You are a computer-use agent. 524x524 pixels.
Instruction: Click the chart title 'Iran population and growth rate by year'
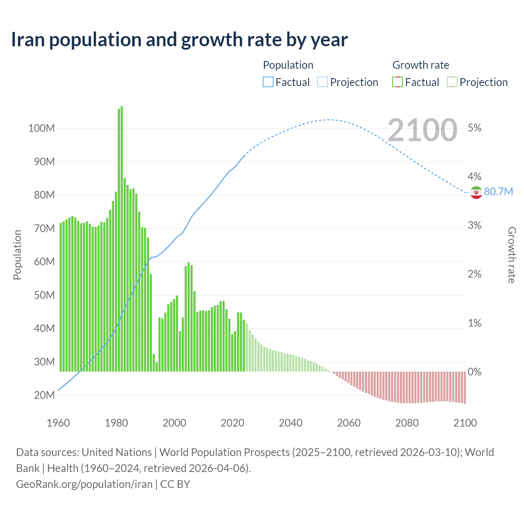[x=179, y=40]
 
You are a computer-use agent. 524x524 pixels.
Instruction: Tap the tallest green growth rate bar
[x=122, y=237]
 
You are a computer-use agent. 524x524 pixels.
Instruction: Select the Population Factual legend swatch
[x=268, y=82]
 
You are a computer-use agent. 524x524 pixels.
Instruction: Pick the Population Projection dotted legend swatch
[x=323, y=82]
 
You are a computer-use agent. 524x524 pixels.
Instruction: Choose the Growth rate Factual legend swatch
[x=398, y=82]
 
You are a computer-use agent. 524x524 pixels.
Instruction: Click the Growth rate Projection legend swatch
[x=452, y=82]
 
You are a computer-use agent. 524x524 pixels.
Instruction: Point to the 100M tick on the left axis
[x=41, y=128]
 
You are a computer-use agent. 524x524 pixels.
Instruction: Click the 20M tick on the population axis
[x=44, y=395]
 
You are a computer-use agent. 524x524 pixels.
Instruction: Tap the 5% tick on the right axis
[x=474, y=128]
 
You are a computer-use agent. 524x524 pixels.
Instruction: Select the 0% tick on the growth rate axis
[x=474, y=372]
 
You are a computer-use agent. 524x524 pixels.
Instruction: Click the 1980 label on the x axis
[x=116, y=423]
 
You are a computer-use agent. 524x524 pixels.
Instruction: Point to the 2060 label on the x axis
[x=349, y=423]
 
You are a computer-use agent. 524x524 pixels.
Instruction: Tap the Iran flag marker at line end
[x=476, y=192]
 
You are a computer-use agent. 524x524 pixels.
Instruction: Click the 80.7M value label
[x=498, y=192]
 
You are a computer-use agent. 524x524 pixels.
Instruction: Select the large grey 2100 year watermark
[x=422, y=130]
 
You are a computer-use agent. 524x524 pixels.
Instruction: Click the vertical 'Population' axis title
[x=17, y=255]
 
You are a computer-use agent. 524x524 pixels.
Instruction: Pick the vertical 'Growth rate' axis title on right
[x=512, y=255]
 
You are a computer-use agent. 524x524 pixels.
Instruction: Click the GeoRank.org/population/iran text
[x=84, y=484]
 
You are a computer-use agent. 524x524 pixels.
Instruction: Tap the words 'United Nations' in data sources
[x=117, y=452]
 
